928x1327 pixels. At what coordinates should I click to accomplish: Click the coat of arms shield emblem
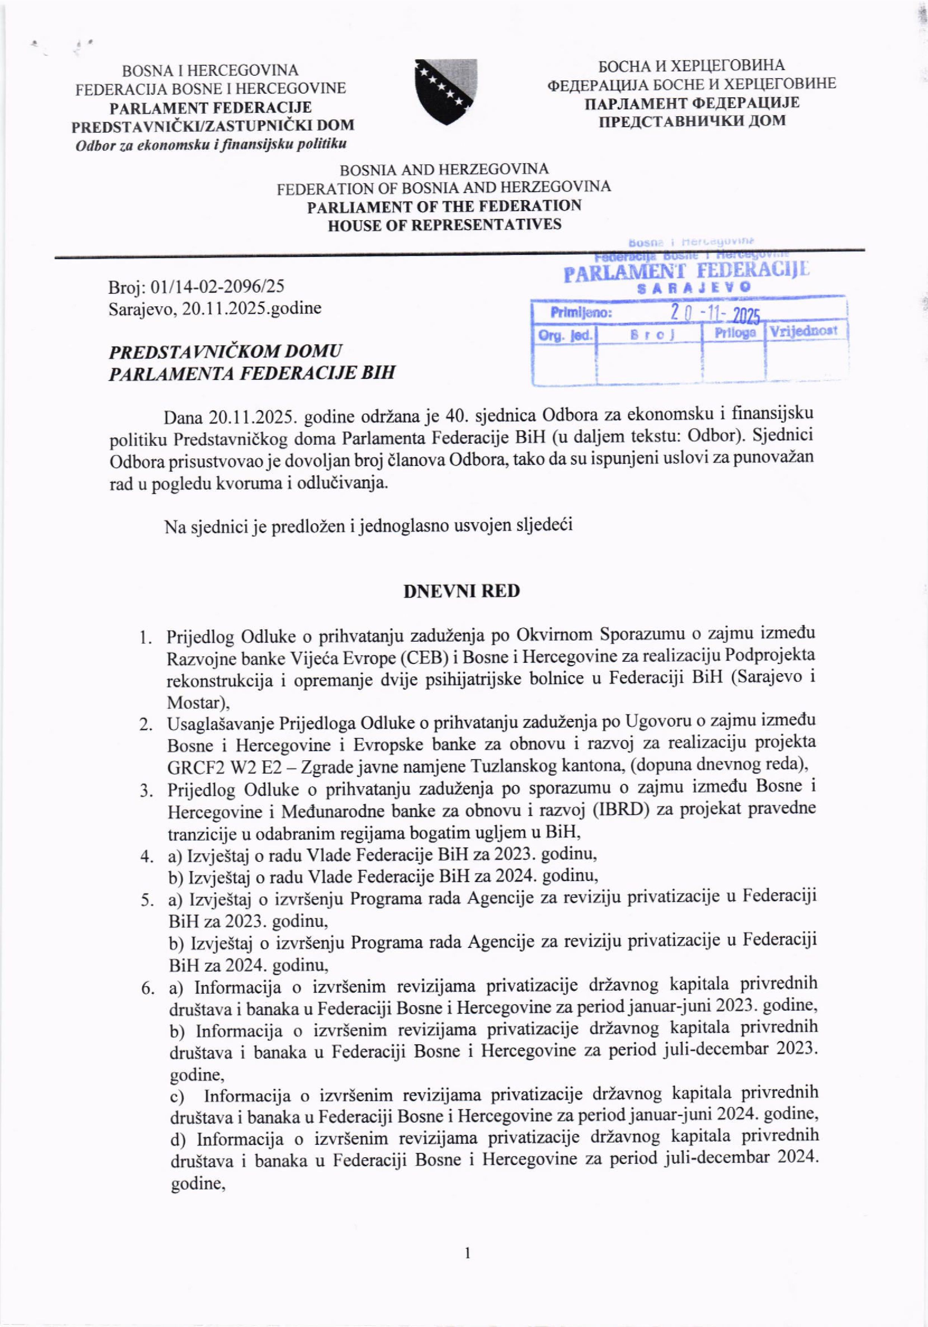click(445, 91)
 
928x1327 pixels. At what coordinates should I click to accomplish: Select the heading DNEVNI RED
click(461, 591)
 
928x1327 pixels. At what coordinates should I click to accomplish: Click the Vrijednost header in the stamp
click(804, 331)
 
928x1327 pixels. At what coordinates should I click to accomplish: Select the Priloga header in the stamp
click(734, 333)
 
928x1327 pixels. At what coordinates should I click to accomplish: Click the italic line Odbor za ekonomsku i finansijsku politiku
click(211, 144)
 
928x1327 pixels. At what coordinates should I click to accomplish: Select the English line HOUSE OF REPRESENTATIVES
click(444, 224)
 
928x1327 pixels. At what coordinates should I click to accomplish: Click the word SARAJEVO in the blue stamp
click(693, 287)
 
